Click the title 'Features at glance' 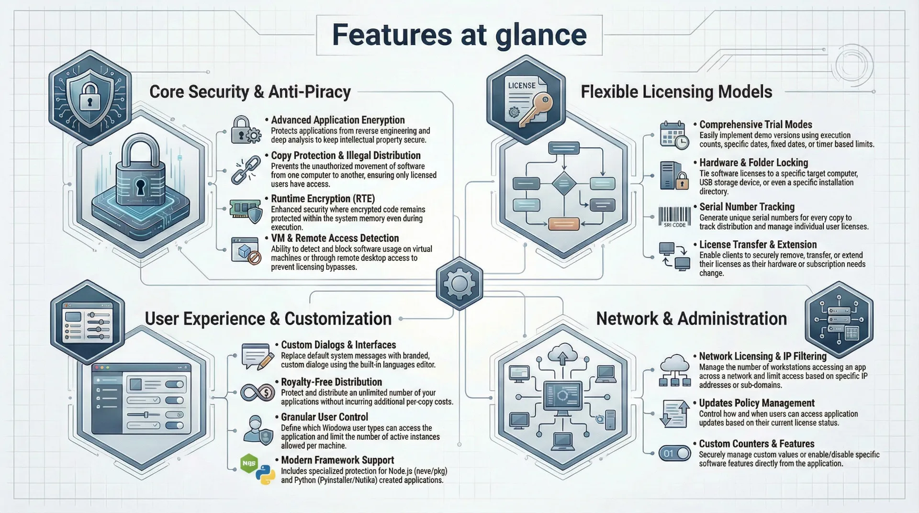[x=459, y=34]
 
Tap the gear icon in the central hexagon [x=459, y=283]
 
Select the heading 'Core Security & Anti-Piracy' [x=250, y=91]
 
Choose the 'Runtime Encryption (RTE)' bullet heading [x=323, y=199]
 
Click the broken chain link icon [x=246, y=170]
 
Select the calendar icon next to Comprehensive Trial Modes [x=673, y=134]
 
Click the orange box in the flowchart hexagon [x=563, y=223]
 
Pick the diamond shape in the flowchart [x=564, y=183]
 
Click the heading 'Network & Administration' [x=691, y=319]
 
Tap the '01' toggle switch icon [x=674, y=453]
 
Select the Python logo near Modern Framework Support [x=265, y=476]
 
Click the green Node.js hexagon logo [x=249, y=463]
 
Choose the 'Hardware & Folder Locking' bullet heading [x=753, y=163]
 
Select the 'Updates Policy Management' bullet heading [x=756, y=403]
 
